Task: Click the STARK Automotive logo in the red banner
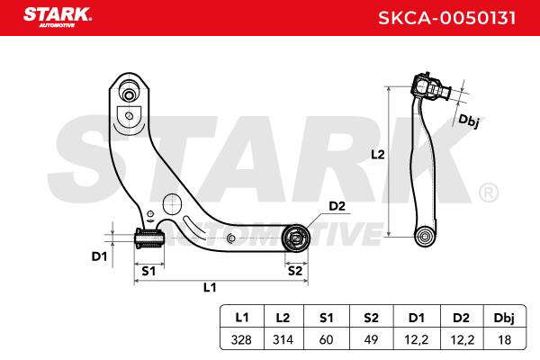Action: coord(58,17)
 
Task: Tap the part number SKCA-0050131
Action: coord(447,18)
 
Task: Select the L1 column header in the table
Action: coord(242,318)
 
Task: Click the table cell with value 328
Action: coord(241,339)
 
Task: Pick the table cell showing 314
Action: coord(283,339)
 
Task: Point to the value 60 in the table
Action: coord(326,339)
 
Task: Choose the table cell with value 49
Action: coord(371,339)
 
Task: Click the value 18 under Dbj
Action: coord(505,339)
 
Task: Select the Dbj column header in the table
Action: coord(504,318)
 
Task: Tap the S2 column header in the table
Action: coord(371,318)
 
